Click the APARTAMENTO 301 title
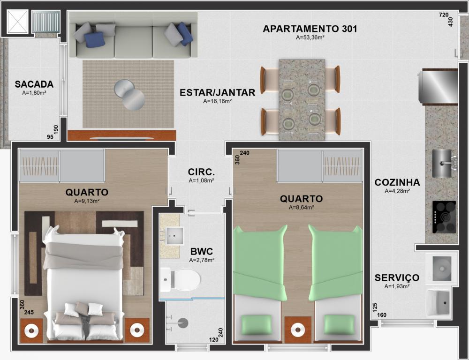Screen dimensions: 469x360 click(310, 29)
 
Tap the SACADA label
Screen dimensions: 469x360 click(34, 84)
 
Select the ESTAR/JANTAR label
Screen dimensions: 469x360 click(218, 92)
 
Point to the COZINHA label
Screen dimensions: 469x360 click(397, 182)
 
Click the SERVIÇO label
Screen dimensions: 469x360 click(397, 278)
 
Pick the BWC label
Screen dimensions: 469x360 click(202, 251)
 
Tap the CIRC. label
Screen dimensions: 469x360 click(201, 172)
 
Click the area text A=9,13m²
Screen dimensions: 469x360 click(87, 201)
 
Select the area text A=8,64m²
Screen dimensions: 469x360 click(301, 208)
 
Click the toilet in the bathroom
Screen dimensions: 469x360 click(180, 280)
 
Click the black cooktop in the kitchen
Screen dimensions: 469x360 click(444, 217)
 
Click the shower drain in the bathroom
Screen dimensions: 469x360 click(183, 322)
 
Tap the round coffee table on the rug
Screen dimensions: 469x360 click(129, 95)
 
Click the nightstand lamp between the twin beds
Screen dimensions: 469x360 click(298, 330)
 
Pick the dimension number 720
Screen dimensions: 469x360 click(444, 15)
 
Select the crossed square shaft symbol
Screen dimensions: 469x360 click(17, 22)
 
